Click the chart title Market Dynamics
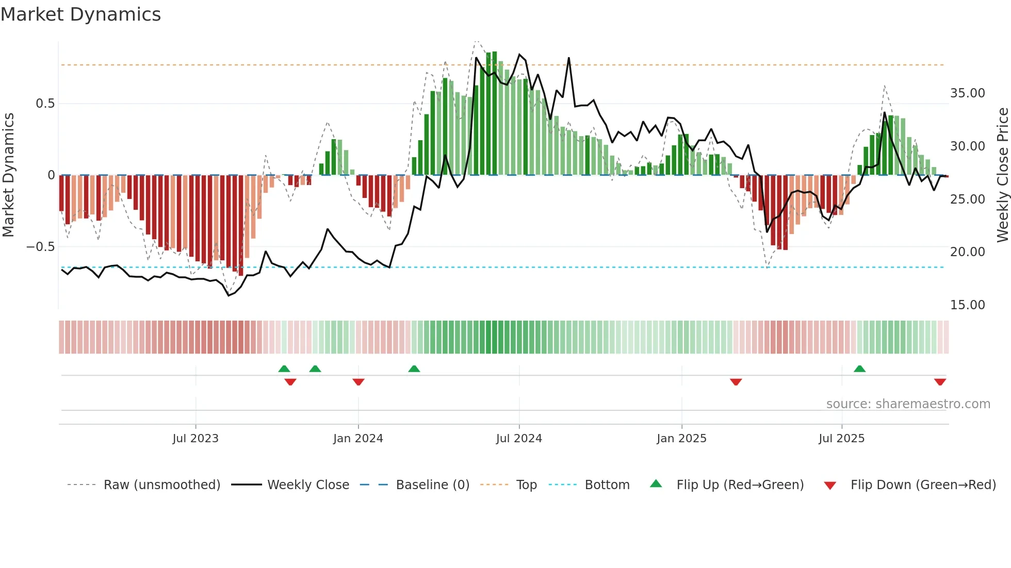click(80, 14)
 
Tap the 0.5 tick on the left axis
click(45, 104)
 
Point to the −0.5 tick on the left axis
click(40, 247)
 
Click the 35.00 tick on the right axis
click(967, 93)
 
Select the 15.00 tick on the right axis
click(967, 305)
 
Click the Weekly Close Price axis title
click(1002, 175)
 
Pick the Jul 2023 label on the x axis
click(195, 439)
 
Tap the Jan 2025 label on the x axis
click(681, 439)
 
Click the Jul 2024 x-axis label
click(519, 439)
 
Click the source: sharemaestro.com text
click(908, 404)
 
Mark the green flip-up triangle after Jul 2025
click(859, 369)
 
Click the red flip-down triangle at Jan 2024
click(358, 382)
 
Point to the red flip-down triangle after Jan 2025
click(736, 382)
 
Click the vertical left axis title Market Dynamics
click(8, 175)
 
